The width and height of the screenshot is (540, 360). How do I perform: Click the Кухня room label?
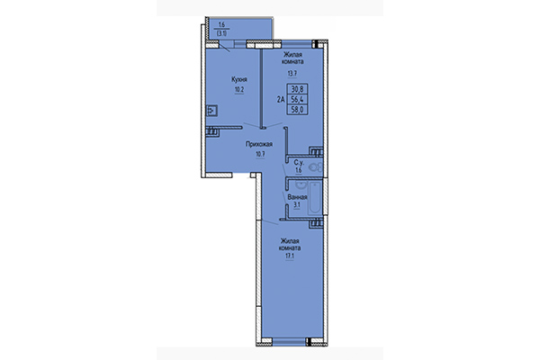tap(238, 80)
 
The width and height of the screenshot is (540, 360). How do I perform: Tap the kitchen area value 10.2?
tap(238, 90)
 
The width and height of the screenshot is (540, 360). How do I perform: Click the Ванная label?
tap(298, 196)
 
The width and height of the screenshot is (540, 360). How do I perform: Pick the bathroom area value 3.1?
tap(298, 206)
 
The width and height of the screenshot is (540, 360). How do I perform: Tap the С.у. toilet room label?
tap(298, 162)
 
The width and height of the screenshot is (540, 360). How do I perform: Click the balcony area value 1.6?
tap(221, 24)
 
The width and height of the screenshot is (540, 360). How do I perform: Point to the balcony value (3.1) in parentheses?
tap(221, 32)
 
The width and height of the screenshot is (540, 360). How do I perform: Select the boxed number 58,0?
tap(296, 111)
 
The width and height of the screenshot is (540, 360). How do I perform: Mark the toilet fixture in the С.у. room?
tap(314, 166)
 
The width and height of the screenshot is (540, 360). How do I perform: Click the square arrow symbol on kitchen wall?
tap(211, 112)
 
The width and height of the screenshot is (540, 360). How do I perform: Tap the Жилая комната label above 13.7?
tap(292, 58)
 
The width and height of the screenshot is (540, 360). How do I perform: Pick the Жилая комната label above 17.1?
tap(289, 245)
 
